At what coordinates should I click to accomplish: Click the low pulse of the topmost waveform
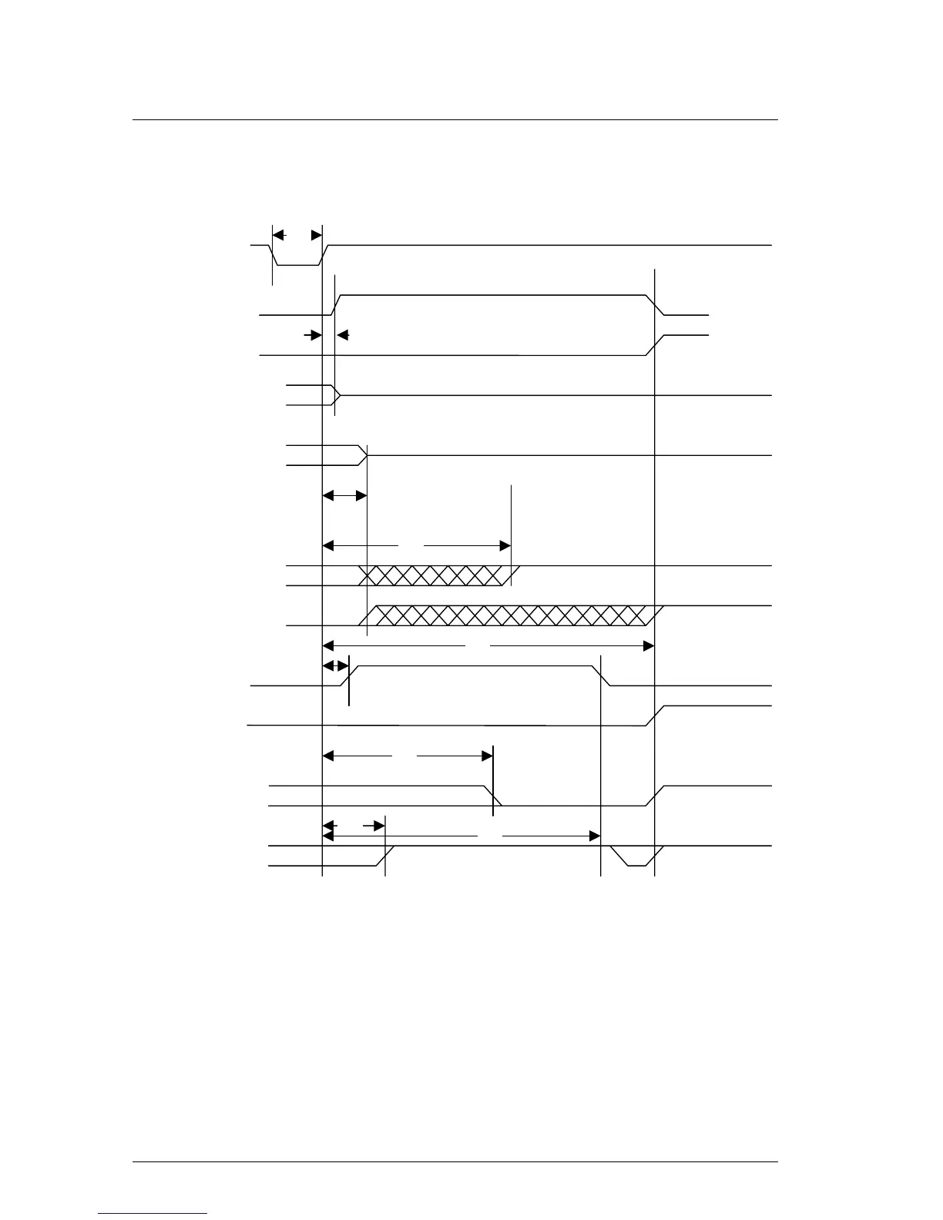[297, 264]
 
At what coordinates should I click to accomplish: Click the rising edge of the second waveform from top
[336, 305]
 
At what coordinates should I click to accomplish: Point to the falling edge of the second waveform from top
[655, 305]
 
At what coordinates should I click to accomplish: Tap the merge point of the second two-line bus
[365, 455]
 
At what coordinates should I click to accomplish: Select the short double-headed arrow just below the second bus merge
[344, 495]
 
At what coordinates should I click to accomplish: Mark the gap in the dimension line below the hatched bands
[478, 646]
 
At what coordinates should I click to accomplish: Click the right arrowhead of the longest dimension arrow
[649, 646]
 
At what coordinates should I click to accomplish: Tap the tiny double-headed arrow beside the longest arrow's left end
[336, 665]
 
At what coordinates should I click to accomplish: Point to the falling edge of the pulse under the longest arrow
[604, 675]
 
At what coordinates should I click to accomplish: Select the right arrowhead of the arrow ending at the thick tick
[487, 756]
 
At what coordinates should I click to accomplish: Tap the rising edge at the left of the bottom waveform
[385, 856]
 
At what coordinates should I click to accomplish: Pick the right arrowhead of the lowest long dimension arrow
[595, 836]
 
